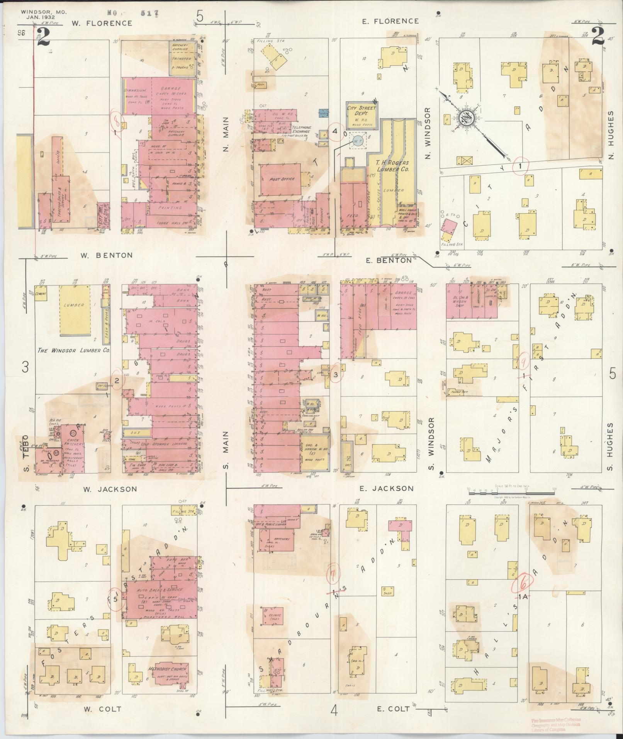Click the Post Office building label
pyautogui.click(x=282, y=179)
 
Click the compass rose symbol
pyautogui.click(x=469, y=120)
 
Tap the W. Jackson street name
pyautogui.click(x=110, y=489)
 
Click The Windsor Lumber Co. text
pyautogui.click(x=74, y=351)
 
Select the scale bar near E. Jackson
pyautogui.click(x=511, y=492)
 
